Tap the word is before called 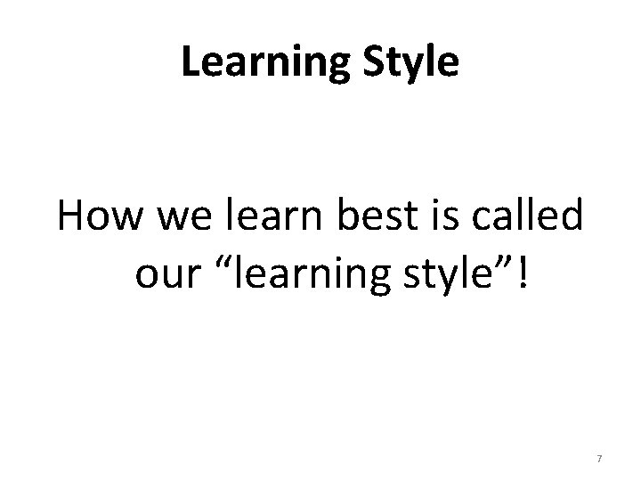pos(430,218)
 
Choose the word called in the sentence pos(520,218)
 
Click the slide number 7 pos(599,458)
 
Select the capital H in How pos(73,218)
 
